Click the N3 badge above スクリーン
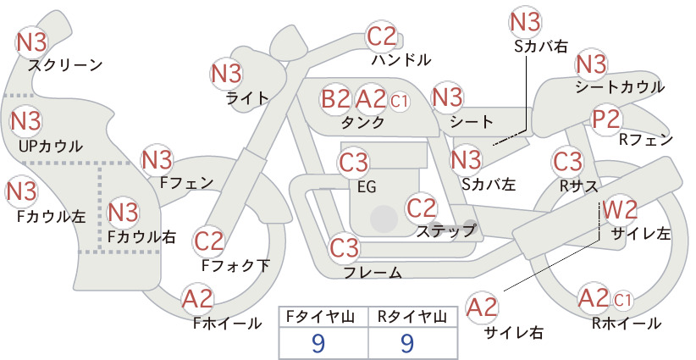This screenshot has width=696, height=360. [31, 42]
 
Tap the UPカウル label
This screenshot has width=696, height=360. [51, 146]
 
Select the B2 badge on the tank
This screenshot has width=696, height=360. [336, 98]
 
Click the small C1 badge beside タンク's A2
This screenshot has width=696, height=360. [399, 101]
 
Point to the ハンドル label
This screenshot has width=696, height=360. [401, 59]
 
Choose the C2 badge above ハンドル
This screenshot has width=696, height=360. [381, 36]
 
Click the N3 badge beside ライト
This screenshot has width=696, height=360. [226, 74]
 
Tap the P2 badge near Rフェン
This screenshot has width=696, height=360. [606, 119]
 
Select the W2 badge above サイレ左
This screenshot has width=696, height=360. [620, 209]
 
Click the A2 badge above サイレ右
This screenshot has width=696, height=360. [483, 307]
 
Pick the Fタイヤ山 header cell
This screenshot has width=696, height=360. [323, 317]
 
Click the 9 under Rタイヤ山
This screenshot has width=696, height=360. [407, 343]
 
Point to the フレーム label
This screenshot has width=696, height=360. [373, 272]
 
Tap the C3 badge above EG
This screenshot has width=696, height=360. [354, 163]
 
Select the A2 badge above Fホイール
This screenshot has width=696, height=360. [197, 299]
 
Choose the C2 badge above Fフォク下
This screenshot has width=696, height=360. [209, 241]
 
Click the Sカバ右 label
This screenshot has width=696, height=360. [541, 47]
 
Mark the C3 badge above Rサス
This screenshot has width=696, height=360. [567, 162]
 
